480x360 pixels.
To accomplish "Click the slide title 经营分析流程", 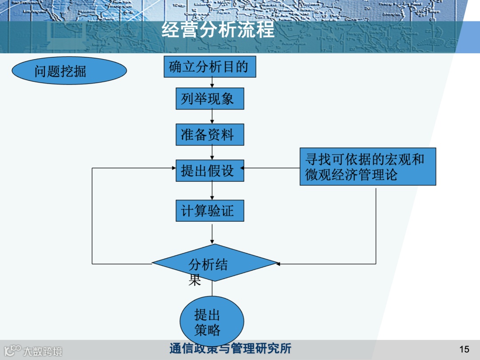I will (218, 31).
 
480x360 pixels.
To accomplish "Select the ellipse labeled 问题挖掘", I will (69, 71).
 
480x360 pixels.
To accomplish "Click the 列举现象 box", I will (210, 98).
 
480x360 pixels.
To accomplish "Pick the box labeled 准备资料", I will (210, 134).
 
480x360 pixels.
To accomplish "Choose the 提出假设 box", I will (210, 170).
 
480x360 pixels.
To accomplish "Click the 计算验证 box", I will (210, 210).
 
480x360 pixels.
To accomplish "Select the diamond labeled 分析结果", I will (215, 263).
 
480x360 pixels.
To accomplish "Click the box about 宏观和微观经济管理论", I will (368, 167).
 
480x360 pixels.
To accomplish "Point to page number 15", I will (464, 349).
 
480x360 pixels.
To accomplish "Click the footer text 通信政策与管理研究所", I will (230, 348).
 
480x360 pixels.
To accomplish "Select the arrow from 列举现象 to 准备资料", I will (212, 116).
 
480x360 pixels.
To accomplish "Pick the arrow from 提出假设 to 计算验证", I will (212, 191).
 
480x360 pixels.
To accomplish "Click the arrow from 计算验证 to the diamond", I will (212, 233).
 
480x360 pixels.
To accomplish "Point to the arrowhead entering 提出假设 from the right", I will (243, 168).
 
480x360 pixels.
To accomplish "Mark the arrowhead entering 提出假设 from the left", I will (174, 168).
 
